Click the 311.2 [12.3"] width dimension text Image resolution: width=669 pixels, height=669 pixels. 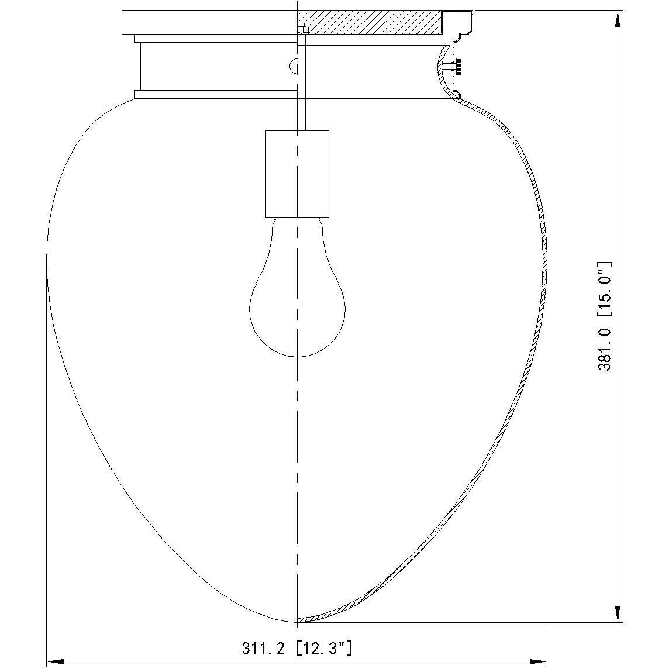click(296, 648)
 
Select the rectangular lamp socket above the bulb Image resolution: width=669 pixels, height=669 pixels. click(297, 173)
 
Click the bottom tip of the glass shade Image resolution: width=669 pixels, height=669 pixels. click(297, 621)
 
